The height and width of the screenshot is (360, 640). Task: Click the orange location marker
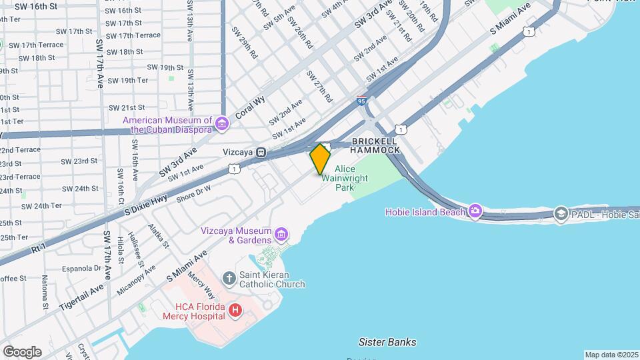point(320,159)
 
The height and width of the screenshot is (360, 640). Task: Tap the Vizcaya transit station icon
point(263,152)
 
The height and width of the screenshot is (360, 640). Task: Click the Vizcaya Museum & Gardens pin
point(281,235)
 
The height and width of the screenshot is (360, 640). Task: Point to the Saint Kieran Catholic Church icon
point(229,277)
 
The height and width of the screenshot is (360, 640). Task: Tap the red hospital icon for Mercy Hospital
point(235,310)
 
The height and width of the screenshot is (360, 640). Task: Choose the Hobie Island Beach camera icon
point(475,211)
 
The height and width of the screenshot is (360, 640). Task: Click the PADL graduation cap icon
point(561,213)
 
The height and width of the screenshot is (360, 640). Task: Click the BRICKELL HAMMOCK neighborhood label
point(375,145)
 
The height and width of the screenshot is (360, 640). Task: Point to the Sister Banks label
point(387,342)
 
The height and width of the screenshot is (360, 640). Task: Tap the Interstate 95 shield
point(361,101)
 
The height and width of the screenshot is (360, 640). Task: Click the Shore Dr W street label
point(193,193)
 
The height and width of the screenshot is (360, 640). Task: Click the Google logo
point(22,351)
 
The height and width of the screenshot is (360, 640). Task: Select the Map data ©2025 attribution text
point(611,355)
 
